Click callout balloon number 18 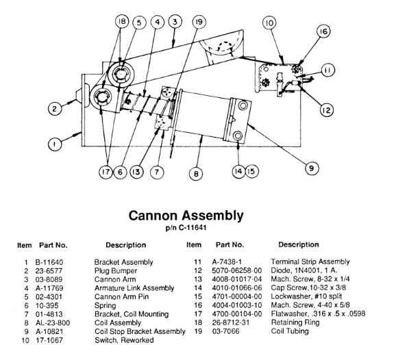click(x=122, y=21)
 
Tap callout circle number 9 click(x=311, y=168)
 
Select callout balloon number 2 click(x=55, y=109)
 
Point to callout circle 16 click(x=323, y=31)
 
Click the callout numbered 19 click(x=199, y=22)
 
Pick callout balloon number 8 click(x=196, y=174)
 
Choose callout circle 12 click(x=327, y=110)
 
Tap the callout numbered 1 click(x=55, y=144)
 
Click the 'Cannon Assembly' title click(x=186, y=216)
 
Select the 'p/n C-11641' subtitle click(x=186, y=228)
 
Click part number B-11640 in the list click(x=49, y=262)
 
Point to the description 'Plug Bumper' click(x=116, y=271)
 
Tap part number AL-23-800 click(x=53, y=323)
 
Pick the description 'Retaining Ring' click(x=295, y=322)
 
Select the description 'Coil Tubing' click(x=290, y=331)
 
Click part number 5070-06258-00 click(x=237, y=270)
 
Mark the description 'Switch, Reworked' click(x=124, y=340)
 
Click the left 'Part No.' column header click(x=53, y=245)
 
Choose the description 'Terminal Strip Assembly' click(x=310, y=262)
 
